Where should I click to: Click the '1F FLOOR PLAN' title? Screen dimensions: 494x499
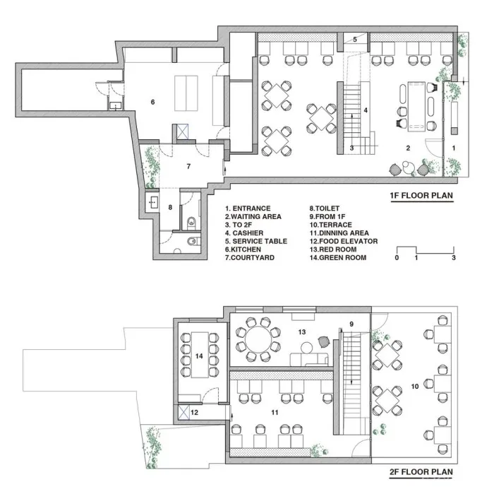click(421, 195)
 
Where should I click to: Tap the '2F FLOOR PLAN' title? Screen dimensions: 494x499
click(421, 471)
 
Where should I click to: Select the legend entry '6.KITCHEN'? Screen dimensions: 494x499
click(243, 249)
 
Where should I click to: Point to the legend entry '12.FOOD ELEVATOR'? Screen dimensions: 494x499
click(344, 241)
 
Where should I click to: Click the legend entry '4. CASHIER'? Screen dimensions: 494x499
click(244, 233)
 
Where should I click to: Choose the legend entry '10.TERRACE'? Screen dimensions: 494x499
click(331, 225)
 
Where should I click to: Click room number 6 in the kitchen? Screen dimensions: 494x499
click(153, 102)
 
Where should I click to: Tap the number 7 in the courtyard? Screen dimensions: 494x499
click(188, 166)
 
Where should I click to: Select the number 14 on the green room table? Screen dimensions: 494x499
click(199, 356)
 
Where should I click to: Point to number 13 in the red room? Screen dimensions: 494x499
click(302, 332)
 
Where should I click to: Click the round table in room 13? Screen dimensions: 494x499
click(258, 339)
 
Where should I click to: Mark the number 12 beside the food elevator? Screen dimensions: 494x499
click(194, 413)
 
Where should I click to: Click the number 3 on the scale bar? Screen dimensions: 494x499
click(454, 257)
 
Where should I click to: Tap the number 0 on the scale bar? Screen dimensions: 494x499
click(397, 257)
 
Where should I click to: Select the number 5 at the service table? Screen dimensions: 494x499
click(355, 40)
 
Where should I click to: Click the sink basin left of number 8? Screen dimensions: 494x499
click(153, 201)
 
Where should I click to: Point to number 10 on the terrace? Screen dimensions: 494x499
click(415, 387)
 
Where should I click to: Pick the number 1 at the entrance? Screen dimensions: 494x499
click(454, 148)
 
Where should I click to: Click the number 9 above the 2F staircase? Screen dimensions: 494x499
click(351, 324)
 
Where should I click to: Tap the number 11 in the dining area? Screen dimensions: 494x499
click(275, 413)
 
